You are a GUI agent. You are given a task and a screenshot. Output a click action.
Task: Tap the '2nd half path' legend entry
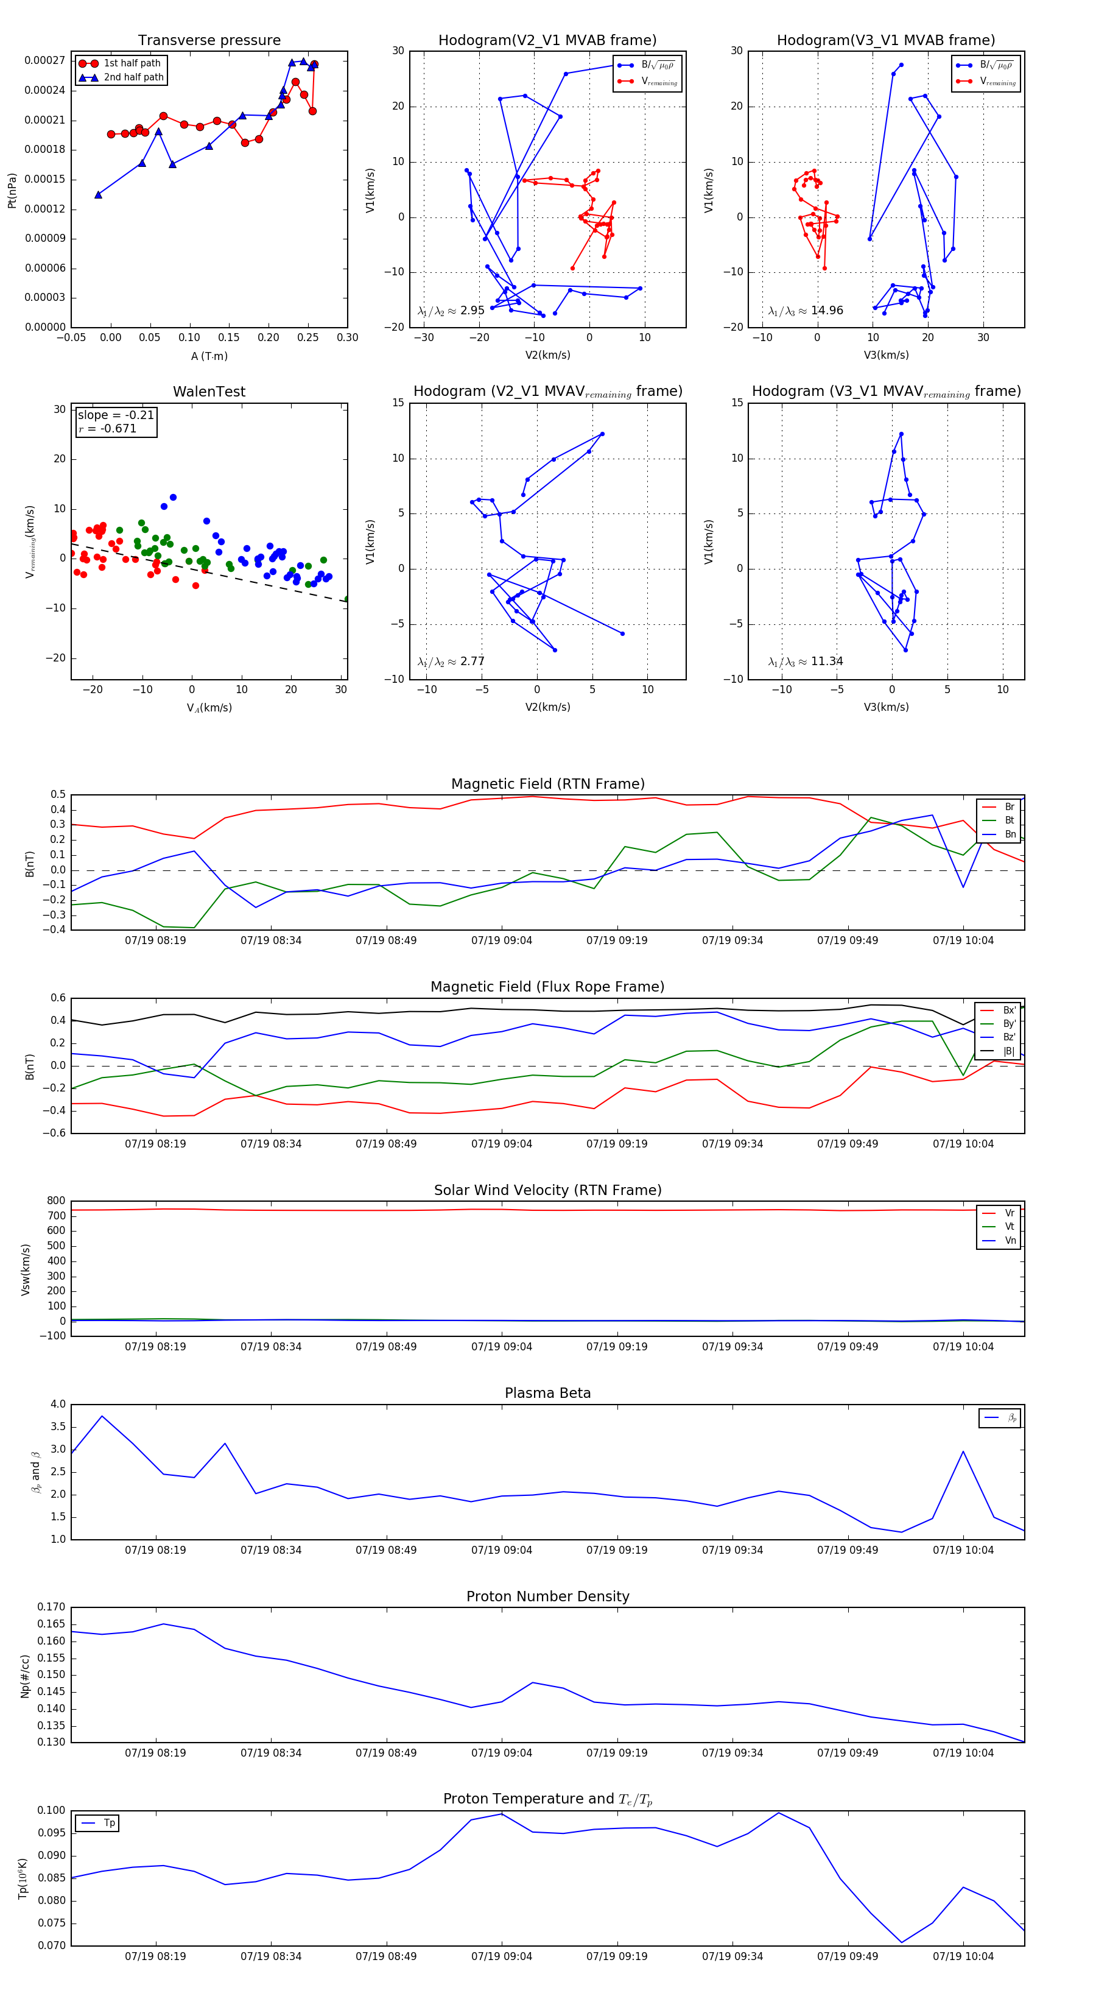tap(133, 77)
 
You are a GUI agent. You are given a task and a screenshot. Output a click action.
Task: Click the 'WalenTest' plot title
tap(209, 392)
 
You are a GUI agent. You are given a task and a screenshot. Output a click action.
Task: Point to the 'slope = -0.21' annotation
tap(116, 415)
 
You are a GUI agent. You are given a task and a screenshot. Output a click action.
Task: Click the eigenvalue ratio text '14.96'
tap(826, 311)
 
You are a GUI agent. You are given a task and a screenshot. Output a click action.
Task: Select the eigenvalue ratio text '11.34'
tap(826, 661)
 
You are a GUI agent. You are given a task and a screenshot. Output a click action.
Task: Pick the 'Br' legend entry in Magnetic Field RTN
tap(1009, 807)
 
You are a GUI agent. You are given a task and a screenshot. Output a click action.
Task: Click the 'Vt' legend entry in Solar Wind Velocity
tap(1009, 1227)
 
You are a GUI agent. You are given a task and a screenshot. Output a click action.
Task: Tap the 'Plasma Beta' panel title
tap(547, 1393)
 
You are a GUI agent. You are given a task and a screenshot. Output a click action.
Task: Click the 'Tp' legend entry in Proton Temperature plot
tap(109, 1823)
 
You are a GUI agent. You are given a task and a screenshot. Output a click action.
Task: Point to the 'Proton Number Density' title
tap(547, 1596)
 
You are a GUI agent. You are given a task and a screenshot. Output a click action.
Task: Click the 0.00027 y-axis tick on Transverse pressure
tap(44, 61)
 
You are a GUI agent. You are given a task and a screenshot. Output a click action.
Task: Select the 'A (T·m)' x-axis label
tap(209, 356)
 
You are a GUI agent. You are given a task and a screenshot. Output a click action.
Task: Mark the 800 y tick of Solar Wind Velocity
tap(56, 1201)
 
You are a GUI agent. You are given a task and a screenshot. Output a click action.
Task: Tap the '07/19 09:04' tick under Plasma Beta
tap(502, 1550)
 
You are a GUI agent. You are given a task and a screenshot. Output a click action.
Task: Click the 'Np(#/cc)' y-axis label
tap(25, 1676)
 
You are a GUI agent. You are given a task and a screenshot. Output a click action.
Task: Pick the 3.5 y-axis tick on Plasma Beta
tap(58, 1426)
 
